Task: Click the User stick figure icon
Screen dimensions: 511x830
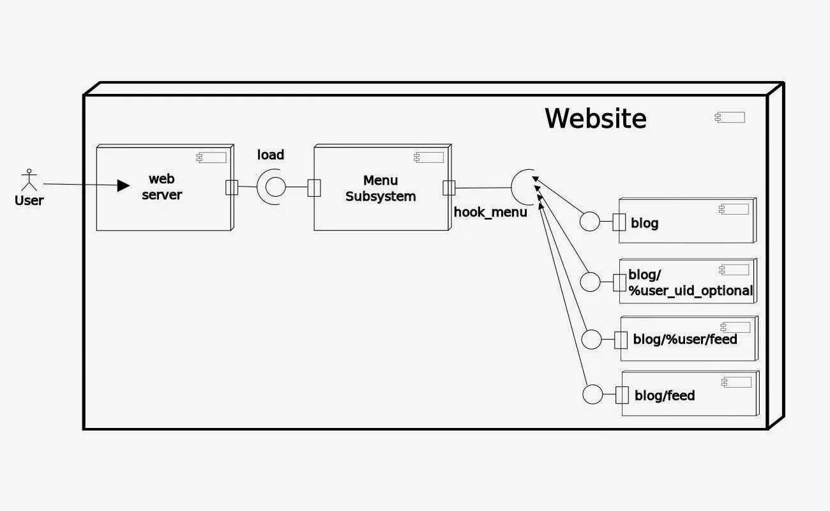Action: click(29, 180)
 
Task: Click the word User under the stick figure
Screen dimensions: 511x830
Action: click(29, 201)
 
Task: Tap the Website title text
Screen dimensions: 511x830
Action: click(595, 119)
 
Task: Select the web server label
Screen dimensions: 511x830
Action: click(162, 187)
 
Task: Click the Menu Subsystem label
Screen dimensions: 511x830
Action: click(381, 188)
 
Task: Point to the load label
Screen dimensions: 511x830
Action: click(271, 155)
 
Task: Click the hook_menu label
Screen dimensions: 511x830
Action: click(490, 212)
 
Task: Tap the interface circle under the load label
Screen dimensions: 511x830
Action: click(275, 187)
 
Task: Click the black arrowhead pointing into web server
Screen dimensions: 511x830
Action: click(123, 185)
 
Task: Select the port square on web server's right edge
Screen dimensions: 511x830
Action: click(232, 187)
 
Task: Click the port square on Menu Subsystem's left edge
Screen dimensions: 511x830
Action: click(313, 188)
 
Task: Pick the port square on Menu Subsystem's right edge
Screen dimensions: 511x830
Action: click(449, 188)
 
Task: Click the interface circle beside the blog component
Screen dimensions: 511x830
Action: click(590, 222)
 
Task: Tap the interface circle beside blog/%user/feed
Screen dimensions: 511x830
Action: click(592, 340)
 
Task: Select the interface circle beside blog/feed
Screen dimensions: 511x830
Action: click(593, 395)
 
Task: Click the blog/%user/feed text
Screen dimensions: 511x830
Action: click(685, 340)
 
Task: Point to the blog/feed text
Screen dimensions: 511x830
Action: click(665, 396)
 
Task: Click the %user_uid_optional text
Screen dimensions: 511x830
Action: click(691, 291)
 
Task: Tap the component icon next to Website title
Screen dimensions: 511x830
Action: click(730, 118)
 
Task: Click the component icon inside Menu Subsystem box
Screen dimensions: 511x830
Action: click(428, 158)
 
